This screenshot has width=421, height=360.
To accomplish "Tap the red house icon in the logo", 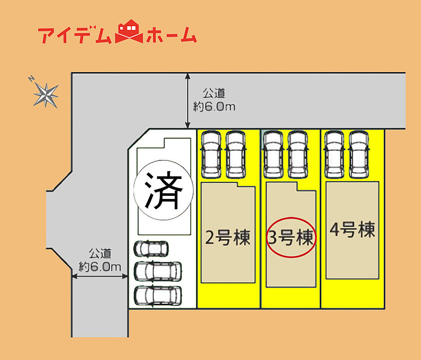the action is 129,31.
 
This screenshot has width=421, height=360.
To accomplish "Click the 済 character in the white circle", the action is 164,190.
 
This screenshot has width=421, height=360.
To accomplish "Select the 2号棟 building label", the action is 228,237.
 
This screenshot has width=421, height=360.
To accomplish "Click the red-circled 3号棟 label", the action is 291,238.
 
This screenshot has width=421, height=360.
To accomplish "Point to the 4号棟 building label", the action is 352,229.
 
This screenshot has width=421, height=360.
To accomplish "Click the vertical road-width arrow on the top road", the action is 188,101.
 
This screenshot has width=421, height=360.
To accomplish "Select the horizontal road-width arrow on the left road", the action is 99,276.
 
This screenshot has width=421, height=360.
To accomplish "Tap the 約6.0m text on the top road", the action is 214,107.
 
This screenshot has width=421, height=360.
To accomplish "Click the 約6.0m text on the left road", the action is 100,267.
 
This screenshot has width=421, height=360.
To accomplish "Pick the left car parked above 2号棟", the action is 211,154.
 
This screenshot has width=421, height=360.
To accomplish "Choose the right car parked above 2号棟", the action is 236,154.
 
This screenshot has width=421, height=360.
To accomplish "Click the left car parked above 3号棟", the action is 273,154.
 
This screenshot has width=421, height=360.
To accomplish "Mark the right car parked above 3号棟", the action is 298,154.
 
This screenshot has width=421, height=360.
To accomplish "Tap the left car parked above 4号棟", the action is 334,154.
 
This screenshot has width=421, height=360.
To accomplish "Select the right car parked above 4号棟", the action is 359,154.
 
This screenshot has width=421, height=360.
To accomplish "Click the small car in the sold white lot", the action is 151,248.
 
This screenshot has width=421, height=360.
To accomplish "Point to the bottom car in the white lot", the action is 157,296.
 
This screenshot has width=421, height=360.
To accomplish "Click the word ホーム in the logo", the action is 172,35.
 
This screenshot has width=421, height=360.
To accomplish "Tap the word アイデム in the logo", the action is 75,35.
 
